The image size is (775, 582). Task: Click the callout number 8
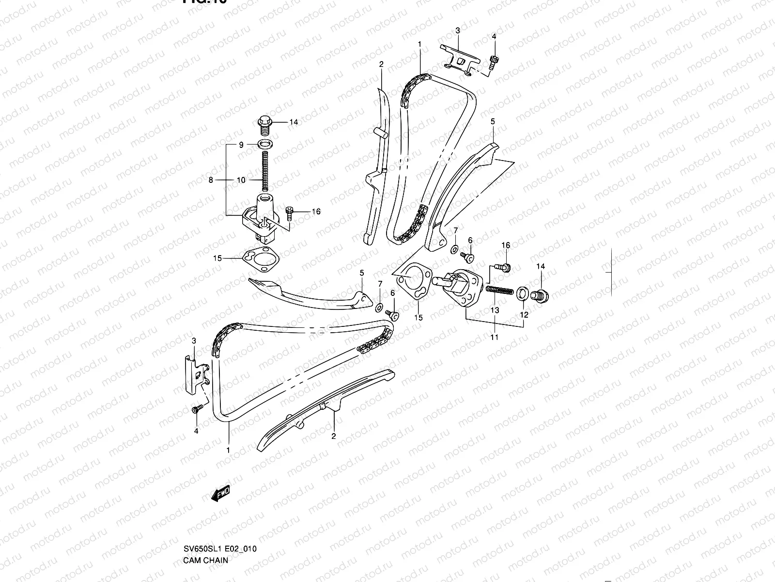[211, 180]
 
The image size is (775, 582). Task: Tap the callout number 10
[241, 180]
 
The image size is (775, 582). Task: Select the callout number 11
[494, 337]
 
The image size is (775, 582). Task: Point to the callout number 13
[494, 310]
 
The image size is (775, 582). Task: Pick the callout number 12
[524, 314]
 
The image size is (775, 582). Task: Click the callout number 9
[241, 145]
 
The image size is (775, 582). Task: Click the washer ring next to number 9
[264, 145]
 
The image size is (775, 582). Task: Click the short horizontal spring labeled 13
[499, 290]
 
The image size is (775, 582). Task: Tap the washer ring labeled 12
[523, 293]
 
